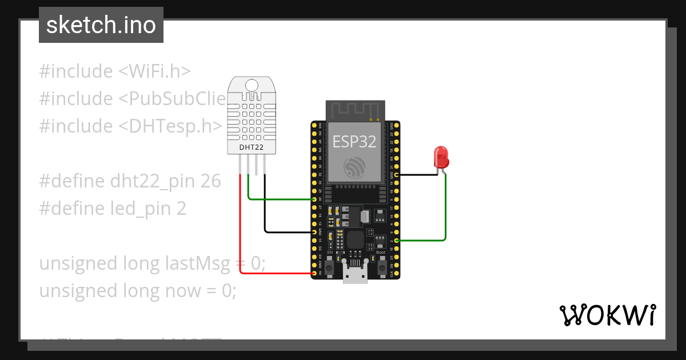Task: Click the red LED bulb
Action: coord(441,157)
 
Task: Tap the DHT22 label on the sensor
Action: coord(252,147)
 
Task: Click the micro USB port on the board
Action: coord(355,274)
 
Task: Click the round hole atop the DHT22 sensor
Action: coord(252,86)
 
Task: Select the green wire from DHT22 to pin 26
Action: coord(280,199)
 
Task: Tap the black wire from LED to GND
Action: coord(417,174)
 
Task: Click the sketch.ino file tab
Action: coord(101,25)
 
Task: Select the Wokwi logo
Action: coord(607,315)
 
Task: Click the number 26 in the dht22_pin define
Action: coord(210,181)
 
